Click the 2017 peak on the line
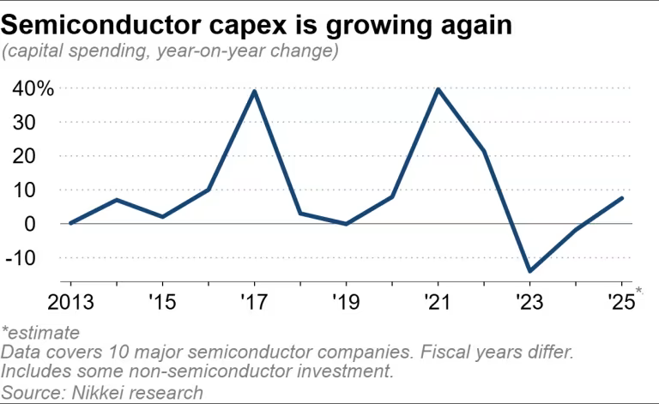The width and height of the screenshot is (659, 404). coord(255,91)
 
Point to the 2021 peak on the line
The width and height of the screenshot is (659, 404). coord(439,89)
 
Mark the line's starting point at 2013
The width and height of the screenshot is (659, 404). coord(70,223)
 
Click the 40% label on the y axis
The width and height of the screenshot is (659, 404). coord(33,88)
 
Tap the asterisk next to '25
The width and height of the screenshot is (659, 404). coord(639,293)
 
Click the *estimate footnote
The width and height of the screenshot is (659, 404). coord(40,332)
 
